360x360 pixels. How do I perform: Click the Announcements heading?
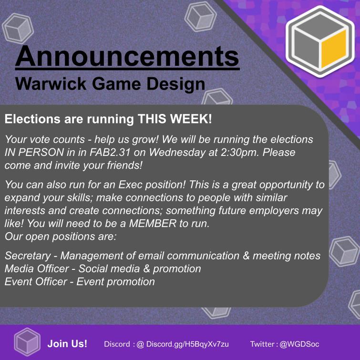point(127,56)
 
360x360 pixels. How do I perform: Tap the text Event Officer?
point(36,282)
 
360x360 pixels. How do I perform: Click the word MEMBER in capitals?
point(157,224)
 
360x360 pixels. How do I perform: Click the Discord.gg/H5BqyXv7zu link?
point(187,343)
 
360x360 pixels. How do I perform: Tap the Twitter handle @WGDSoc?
point(300,343)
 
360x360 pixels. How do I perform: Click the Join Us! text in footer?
point(67,343)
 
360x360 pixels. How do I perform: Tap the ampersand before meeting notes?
point(246,256)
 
